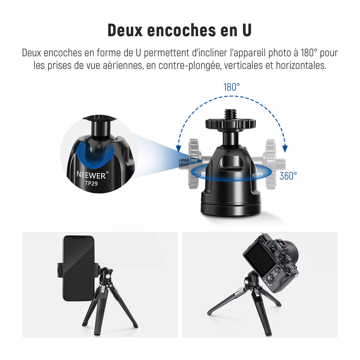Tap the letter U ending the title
point(247,30)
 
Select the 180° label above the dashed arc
point(232,87)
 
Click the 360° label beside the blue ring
point(288,176)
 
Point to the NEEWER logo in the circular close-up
point(92,175)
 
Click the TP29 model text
point(91,184)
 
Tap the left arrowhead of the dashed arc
point(178,149)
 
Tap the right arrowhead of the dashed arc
point(285,149)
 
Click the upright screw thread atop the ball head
point(231,114)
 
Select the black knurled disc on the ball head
point(231,124)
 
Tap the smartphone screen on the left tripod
point(78,268)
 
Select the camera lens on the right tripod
point(291,252)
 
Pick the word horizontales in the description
point(301,65)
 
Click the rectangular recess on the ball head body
point(230,163)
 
